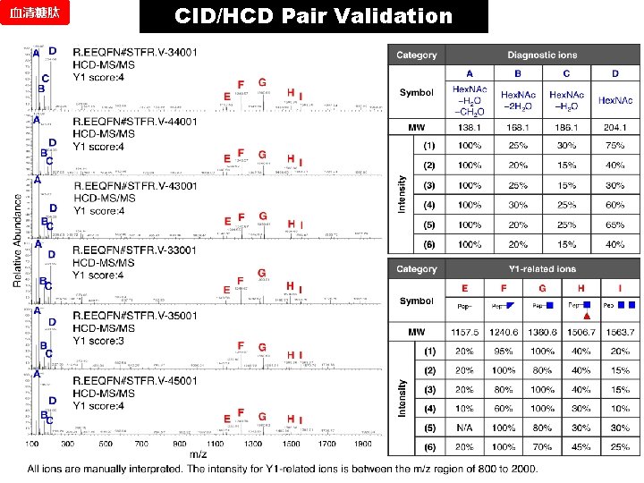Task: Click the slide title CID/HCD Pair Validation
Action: [x=314, y=16]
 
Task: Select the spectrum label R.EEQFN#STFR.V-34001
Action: [x=134, y=53]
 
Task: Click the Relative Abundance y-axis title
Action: [x=17, y=242]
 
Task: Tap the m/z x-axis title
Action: [x=198, y=454]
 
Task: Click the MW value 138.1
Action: [x=470, y=128]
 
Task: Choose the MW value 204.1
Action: [x=614, y=128]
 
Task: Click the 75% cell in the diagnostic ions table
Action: [x=614, y=146]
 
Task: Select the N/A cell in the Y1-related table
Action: [x=464, y=428]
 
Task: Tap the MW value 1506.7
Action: [x=581, y=333]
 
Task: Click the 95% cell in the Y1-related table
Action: [x=504, y=352]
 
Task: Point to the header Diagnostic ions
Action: [x=543, y=55]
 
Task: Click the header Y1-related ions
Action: [x=543, y=268]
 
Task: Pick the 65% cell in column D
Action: [x=614, y=225]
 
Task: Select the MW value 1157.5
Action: [x=464, y=333]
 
